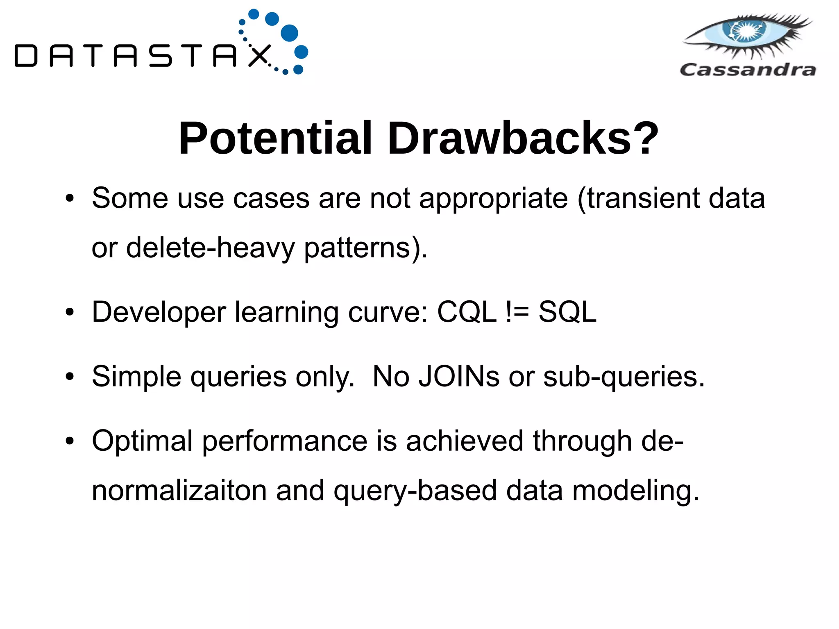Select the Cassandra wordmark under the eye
tap(748, 70)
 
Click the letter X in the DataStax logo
tap(258, 56)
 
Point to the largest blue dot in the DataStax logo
tap(290, 33)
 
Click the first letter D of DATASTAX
tap(26, 56)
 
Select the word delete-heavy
tap(211, 248)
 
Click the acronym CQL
tap(467, 313)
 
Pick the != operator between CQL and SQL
tap(517, 313)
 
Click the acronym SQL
tap(567, 313)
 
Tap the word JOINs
tap(459, 377)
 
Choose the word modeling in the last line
tap(635, 491)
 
